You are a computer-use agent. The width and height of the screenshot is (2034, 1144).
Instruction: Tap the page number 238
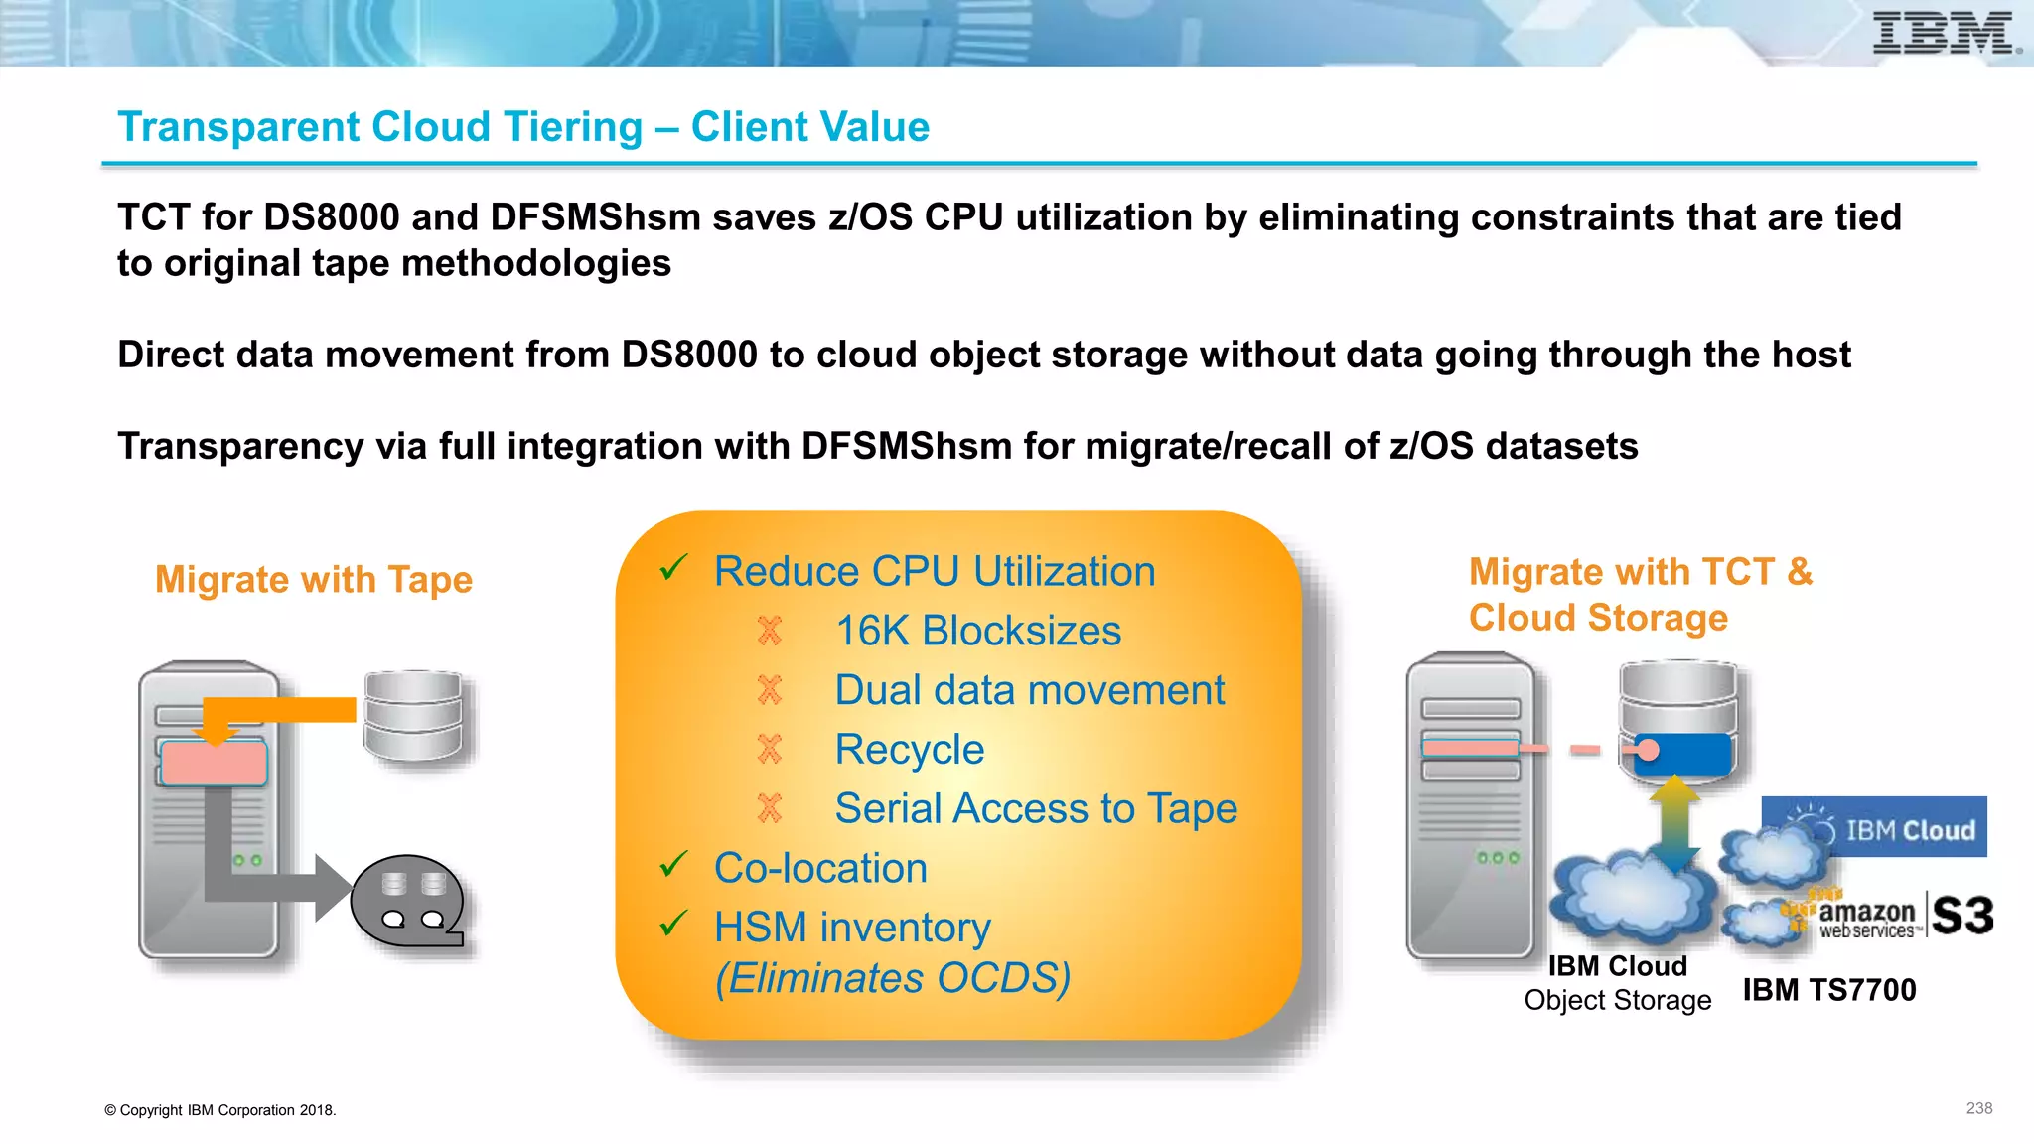[1978, 1108]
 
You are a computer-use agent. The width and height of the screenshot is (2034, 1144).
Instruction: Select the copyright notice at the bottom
[220, 1110]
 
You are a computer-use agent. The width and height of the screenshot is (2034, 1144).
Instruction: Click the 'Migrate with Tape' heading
[314, 579]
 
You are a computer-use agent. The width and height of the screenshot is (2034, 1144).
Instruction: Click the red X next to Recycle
[770, 749]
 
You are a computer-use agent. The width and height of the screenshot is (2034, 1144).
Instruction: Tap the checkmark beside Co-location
[674, 865]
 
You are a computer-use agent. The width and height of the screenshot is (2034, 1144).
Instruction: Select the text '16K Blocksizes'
[977, 631]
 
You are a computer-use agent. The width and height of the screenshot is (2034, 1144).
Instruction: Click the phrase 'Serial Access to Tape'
[1035, 808]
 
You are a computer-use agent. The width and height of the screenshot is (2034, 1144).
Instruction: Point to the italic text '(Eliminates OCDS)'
[893, 978]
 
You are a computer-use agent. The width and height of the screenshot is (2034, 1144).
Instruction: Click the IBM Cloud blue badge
[1874, 827]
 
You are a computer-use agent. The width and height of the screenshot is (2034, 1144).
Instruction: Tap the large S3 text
[1962, 915]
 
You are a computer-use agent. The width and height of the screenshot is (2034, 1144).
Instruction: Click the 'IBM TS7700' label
[1829, 990]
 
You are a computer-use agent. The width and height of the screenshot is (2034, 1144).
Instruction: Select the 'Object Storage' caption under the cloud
[1618, 1000]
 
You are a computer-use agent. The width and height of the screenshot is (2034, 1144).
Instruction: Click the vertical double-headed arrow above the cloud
[1675, 822]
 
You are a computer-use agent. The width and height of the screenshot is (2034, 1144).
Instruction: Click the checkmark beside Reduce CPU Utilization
[674, 568]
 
